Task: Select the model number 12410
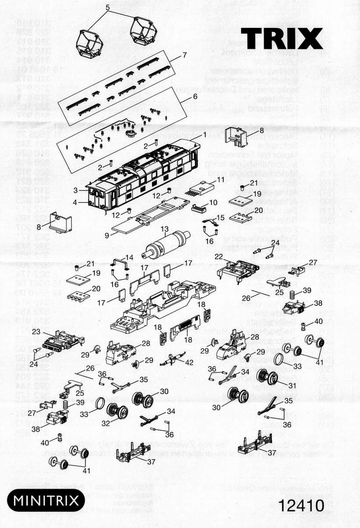click(x=301, y=505)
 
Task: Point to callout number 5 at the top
click(x=108, y=7)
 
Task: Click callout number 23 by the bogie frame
click(x=36, y=332)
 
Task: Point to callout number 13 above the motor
click(x=165, y=229)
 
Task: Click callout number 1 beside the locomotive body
click(x=204, y=134)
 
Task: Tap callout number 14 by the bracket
click(x=129, y=257)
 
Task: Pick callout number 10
click(x=213, y=202)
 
